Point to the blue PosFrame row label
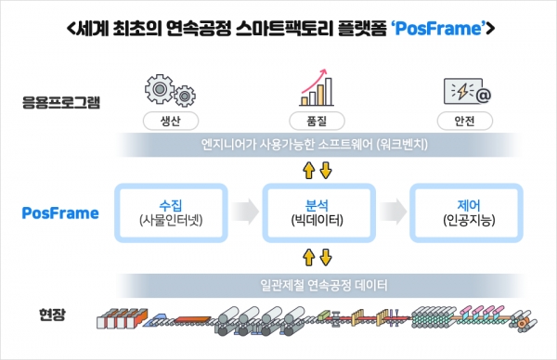[x=60, y=212]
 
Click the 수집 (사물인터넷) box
[x=171, y=212]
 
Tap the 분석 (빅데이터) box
[x=318, y=212]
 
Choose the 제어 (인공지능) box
[x=467, y=212]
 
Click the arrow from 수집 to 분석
[x=244, y=212]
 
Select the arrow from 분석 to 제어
[x=394, y=212]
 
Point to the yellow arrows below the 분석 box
[x=318, y=257]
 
